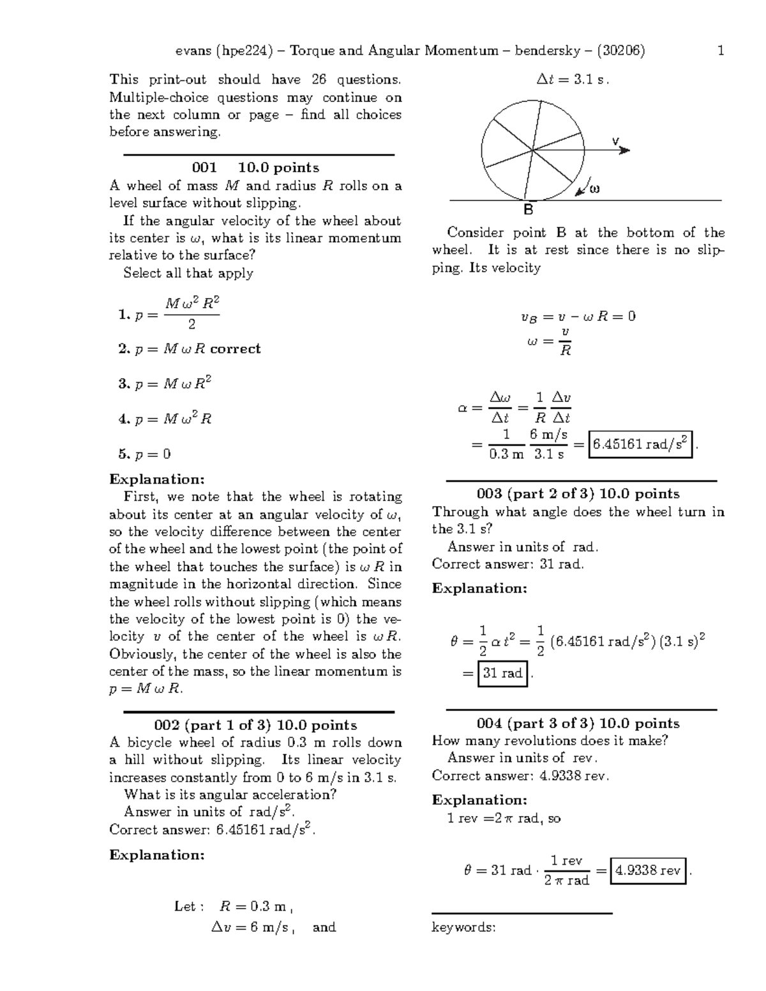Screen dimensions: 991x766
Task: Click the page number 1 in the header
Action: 721,50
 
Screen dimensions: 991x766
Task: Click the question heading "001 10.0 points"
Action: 255,168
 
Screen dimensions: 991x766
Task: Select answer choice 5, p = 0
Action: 145,454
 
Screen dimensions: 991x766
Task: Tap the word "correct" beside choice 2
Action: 236,349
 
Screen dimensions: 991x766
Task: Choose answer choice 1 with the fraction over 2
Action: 169,313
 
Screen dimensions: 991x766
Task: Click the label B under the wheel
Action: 529,210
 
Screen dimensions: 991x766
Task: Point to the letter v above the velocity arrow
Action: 615,140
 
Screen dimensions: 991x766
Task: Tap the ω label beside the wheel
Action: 594,189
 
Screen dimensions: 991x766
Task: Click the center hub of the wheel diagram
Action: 532,151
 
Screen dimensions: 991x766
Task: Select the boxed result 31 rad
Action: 502,673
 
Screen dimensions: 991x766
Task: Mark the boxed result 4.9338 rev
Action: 648,870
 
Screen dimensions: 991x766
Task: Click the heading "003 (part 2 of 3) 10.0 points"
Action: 578,494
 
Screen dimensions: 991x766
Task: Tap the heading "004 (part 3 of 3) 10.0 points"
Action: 578,724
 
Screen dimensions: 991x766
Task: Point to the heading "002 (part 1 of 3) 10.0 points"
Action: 255,726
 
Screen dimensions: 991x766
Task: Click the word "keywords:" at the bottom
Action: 463,927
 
